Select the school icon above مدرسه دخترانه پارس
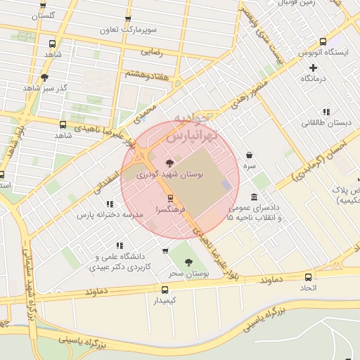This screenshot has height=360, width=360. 110,204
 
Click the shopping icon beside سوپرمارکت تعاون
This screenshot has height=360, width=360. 127,20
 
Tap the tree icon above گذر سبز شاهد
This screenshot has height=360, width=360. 45,77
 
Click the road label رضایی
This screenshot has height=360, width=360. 153,51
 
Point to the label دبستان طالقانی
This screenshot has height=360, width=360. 326,123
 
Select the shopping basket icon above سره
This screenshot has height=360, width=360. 249,155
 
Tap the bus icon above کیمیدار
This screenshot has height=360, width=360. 165,289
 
